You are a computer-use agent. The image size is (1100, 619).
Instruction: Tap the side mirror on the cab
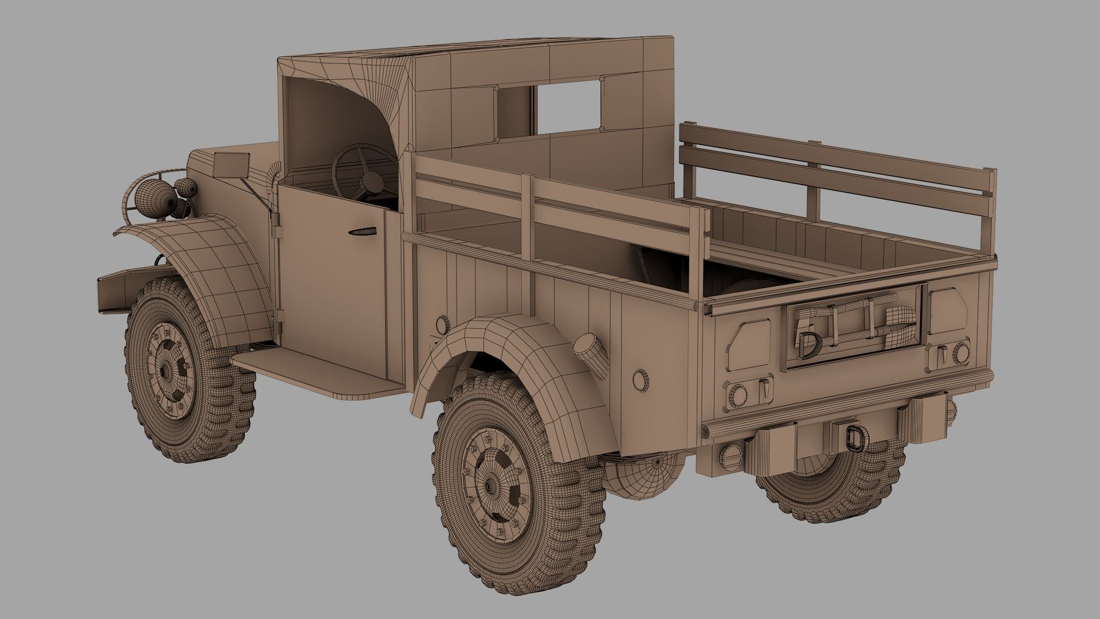232,165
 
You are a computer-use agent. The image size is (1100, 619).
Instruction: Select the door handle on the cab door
363,232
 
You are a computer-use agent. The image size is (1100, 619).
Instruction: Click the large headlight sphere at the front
150,198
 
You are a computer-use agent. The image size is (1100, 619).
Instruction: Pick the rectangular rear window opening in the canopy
568,109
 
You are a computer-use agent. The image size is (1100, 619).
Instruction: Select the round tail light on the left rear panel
737,395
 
